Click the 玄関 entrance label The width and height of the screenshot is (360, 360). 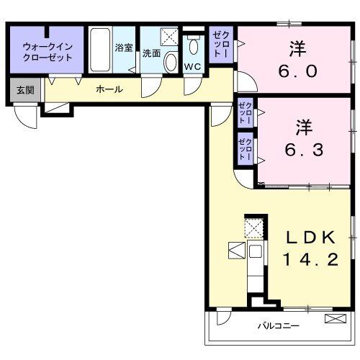pyautogui.click(x=25, y=90)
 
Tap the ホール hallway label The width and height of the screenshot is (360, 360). pyautogui.click(x=109, y=89)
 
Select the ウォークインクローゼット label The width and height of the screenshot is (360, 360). pyautogui.click(x=48, y=52)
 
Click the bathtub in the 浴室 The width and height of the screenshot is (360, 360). pyautogui.click(x=100, y=50)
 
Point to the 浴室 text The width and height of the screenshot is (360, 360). pyautogui.click(x=124, y=48)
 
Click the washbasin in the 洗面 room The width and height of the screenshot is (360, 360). pyautogui.click(x=171, y=61)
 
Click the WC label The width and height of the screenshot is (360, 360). pyautogui.click(x=193, y=67)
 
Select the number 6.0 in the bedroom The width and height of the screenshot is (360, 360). pyautogui.click(x=298, y=71)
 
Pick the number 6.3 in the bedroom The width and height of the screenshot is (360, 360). pyautogui.click(x=304, y=150)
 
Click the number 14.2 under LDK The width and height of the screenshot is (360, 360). pyautogui.click(x=311, y=259)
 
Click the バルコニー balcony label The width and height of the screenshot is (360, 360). pyautogui.click(x=279, y=326)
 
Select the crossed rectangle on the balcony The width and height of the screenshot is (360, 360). pyautogui.click(x=336, y=318)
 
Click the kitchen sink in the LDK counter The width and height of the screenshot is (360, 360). pyautogui.click(x=255, y=251)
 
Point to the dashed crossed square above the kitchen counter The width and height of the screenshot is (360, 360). pyautogui.click(x=253, y=228)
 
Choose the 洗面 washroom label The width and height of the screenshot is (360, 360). pyautogui.click(x=151, y=53)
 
